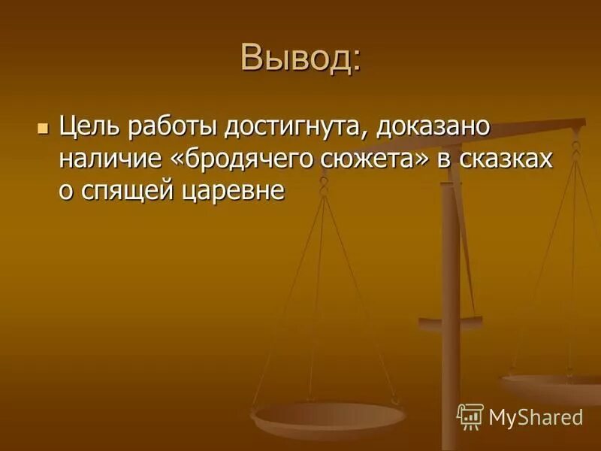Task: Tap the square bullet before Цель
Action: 42,126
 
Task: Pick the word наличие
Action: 107,159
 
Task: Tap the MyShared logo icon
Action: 470,416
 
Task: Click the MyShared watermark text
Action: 535,416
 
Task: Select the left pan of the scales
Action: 328,414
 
